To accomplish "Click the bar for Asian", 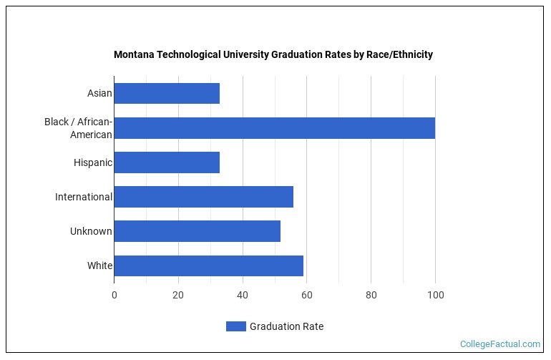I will click(x=167, y=94).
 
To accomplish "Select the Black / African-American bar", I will click(x=274, y=128).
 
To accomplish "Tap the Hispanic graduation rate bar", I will click(x=167, y=162).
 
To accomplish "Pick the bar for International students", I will click(x=203, y=197).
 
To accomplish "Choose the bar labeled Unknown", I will click(x=197, y=231).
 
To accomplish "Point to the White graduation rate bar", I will click(x=208, y=266).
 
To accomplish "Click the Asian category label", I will click(x=99, y=94).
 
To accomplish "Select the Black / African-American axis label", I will click(x=78, y=128).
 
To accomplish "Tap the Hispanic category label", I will click(x=92, y=162).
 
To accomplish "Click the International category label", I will click(x=83, y=197).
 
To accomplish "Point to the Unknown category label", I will click(x=91, y=231).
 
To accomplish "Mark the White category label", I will click(x=99, y=266).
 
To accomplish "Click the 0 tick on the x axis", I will click(x=114, y=294).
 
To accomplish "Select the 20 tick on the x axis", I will click(x=178, y=294).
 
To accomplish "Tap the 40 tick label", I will click(x=243, y=294).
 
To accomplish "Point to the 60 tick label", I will click(x=306, y=294).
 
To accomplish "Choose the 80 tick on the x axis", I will click(x=371, y=294).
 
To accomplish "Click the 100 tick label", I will click(x=435, y=294).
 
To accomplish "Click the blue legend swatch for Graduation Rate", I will click(x=235, y=326).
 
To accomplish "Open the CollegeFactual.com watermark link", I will click(x=499, y=344).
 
